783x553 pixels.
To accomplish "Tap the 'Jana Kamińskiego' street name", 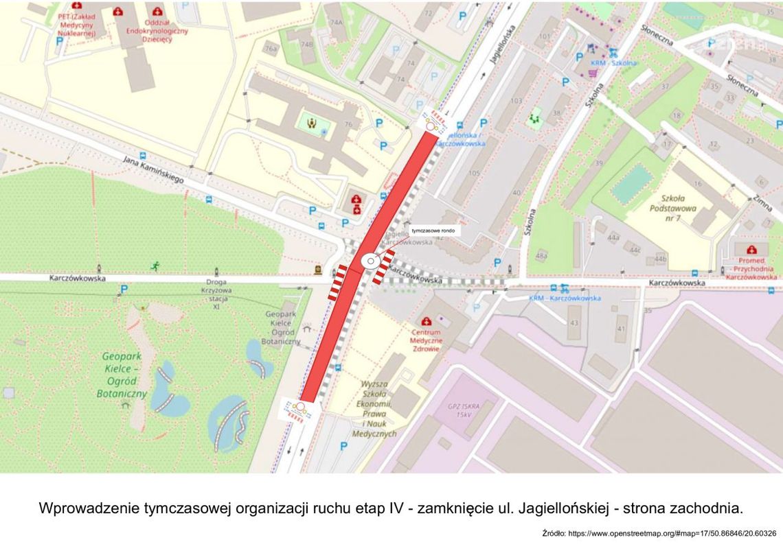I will (x=153, y=169).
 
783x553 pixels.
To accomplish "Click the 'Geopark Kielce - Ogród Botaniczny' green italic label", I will (x=124, y=375).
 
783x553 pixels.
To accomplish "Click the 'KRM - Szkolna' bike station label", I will (x=611, y=63).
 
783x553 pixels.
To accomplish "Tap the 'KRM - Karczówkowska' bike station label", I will (x=565, y=298).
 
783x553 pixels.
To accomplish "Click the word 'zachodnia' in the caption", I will (x=704, y=508).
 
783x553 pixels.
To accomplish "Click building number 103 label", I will (x=516, y=100).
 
